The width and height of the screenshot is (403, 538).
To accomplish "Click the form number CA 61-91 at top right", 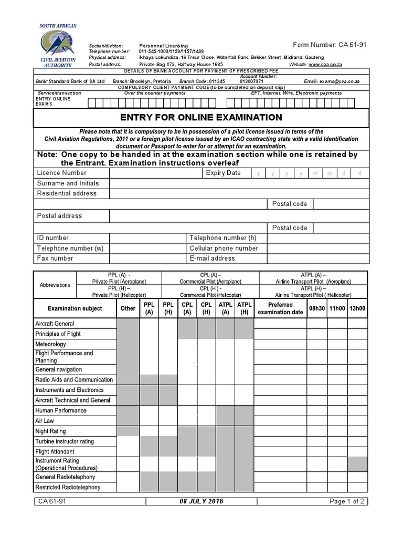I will point(329,45).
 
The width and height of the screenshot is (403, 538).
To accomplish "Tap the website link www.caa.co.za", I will point(325,64).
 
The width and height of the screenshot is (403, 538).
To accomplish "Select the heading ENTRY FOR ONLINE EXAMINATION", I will point(201,118).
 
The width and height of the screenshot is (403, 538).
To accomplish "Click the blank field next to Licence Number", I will point(155,173).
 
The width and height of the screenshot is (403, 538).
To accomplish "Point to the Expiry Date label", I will point(223,173).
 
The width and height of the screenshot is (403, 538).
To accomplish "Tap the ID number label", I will point(52,238).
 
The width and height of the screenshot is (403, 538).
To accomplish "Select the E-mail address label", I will point(212,258).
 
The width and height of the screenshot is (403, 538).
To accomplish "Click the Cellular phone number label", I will point(224,248).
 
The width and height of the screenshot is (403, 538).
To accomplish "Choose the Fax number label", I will point(55,258).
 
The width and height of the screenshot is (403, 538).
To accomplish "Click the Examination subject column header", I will point(75,308).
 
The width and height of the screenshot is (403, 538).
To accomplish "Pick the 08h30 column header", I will point(317,308).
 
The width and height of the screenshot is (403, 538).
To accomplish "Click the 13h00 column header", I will point(357,308).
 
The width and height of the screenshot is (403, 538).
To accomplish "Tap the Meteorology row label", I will point(50,344).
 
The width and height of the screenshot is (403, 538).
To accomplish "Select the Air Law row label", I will point(45,421).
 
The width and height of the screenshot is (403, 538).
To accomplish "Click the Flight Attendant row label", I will point(55,451).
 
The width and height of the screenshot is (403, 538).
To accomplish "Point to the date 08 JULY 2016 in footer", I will point(201,501).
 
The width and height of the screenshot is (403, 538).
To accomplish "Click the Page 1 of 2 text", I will point(347,501).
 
